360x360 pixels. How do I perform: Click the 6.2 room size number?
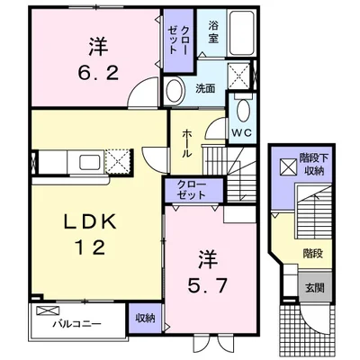click(98, 73)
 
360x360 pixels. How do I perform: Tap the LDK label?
click(90, 222)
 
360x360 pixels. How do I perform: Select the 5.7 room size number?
click(207, 285)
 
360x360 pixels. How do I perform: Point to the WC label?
click(242, 133)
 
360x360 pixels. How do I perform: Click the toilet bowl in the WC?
click(243, 111)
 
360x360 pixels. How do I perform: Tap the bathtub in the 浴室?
click(242, 32)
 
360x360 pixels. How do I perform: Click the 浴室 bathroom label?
click(213, 32)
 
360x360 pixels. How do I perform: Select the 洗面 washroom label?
click(205, 88)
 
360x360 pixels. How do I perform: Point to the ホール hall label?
click(186, 144)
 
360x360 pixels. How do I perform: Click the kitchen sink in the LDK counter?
click(90, 162)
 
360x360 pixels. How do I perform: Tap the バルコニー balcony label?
click(77, 324)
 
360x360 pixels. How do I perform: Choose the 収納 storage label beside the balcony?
click(145, 319)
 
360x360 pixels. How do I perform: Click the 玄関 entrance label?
click(315, 288)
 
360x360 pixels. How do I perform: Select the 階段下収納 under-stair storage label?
click(314, 165)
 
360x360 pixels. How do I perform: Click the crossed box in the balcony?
click(48, 310)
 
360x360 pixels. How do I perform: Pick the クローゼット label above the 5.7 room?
click(191, 190)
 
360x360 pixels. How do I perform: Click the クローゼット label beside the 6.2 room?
click(178, 40)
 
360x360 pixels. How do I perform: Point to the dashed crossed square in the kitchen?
click(118, 162)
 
